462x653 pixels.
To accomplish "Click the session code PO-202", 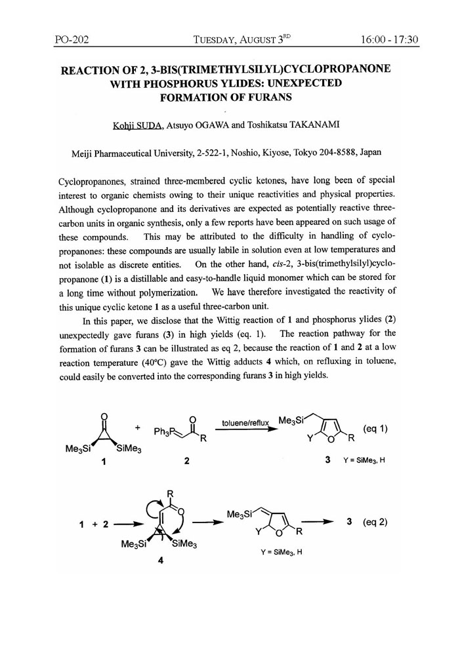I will [72, 40].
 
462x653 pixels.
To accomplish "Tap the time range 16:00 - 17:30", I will [389, 40].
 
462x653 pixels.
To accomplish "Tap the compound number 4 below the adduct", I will [160, 561].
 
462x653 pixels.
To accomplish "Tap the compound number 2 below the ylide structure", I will [187, 461].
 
